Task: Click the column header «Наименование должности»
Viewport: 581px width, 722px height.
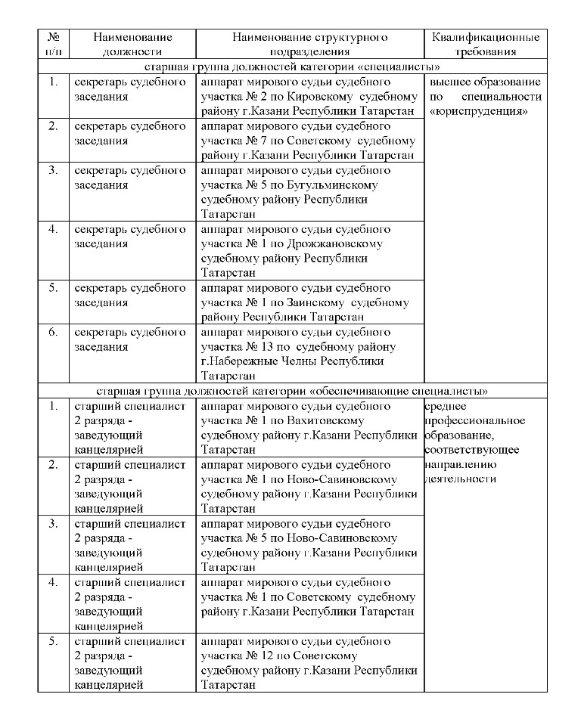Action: tap(132, 44)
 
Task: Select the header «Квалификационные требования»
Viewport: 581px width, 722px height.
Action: tap(486, 44)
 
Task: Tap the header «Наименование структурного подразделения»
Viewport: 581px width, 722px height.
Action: tap(309, 44)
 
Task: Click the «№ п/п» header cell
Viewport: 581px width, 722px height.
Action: tap(53, 44)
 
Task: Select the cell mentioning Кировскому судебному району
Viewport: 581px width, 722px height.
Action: tap(309, 96)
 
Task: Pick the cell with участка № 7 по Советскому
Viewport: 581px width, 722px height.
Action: tap(309, 141)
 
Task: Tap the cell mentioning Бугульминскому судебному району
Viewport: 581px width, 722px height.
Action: tap(309, 192)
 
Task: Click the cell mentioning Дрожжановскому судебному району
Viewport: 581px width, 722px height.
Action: tap(309, 251)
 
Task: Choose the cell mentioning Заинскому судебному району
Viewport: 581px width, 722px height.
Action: tap(309, 302)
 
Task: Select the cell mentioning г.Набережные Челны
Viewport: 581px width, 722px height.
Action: tap(309, 354)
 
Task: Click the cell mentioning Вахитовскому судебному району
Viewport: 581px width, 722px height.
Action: tap(309, 428)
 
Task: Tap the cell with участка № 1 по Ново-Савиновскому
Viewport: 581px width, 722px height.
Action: tap(309, 487)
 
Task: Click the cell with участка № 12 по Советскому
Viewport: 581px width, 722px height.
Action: tap(309, 663)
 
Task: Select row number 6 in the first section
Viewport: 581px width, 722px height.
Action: tap(53, 332)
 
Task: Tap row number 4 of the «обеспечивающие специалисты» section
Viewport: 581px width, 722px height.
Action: tap(53, 582)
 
